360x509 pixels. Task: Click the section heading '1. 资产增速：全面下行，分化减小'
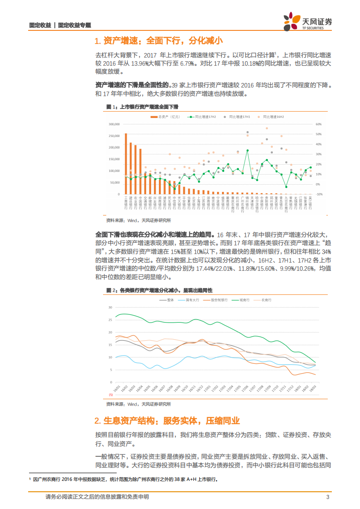158,41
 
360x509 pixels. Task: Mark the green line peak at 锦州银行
247,150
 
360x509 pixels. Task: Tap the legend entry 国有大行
188,300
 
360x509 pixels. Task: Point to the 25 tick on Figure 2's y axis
110,320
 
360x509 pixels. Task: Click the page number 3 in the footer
327,497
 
